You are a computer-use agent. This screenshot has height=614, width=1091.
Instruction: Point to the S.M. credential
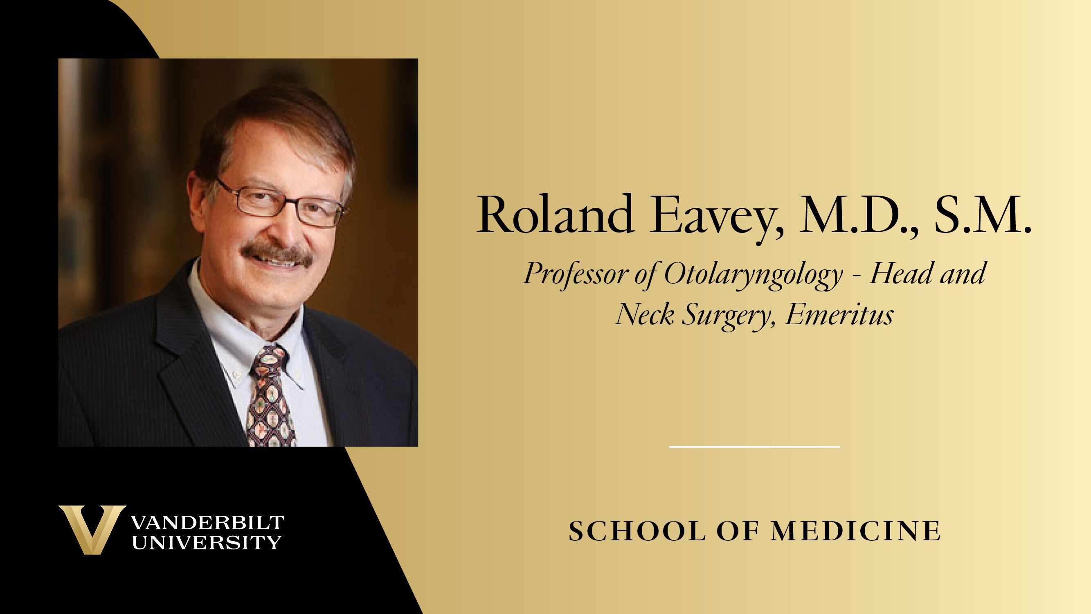click(983, 215)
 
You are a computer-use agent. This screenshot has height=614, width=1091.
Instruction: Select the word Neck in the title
click(645, 314)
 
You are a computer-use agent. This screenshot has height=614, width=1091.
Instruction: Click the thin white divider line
click(754, 447)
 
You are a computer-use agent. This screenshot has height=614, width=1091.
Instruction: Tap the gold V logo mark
click(92, 530)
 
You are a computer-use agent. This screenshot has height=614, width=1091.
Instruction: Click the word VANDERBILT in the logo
click(207, 523)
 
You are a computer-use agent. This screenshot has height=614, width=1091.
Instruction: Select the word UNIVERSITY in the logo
click(207, 542)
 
